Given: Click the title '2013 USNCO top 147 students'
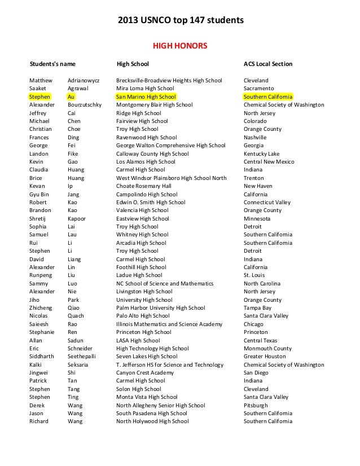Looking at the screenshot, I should click(180, 21).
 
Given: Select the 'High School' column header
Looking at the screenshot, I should click(133, 64).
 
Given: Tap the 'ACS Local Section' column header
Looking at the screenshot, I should click(268, 64).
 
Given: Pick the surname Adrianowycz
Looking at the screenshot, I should click(83, 81).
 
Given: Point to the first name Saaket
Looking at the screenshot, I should click(38, 89).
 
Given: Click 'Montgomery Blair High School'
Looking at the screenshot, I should click(154, 105).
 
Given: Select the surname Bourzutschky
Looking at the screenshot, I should click(85, 105).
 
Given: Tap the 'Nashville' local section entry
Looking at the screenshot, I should click(255, 137).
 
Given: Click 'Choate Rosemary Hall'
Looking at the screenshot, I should click(143, 186).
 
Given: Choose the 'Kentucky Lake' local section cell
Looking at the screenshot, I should click(262, 153).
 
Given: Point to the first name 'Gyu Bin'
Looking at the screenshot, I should click(39, 194).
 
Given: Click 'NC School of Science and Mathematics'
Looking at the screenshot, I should click(165, 283).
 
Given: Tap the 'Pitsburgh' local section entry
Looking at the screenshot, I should click(256, 405).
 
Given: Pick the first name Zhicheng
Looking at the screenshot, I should click(41, 308).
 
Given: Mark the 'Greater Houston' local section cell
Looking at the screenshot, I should click(264, 357).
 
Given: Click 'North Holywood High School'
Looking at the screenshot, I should click(152, 421).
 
